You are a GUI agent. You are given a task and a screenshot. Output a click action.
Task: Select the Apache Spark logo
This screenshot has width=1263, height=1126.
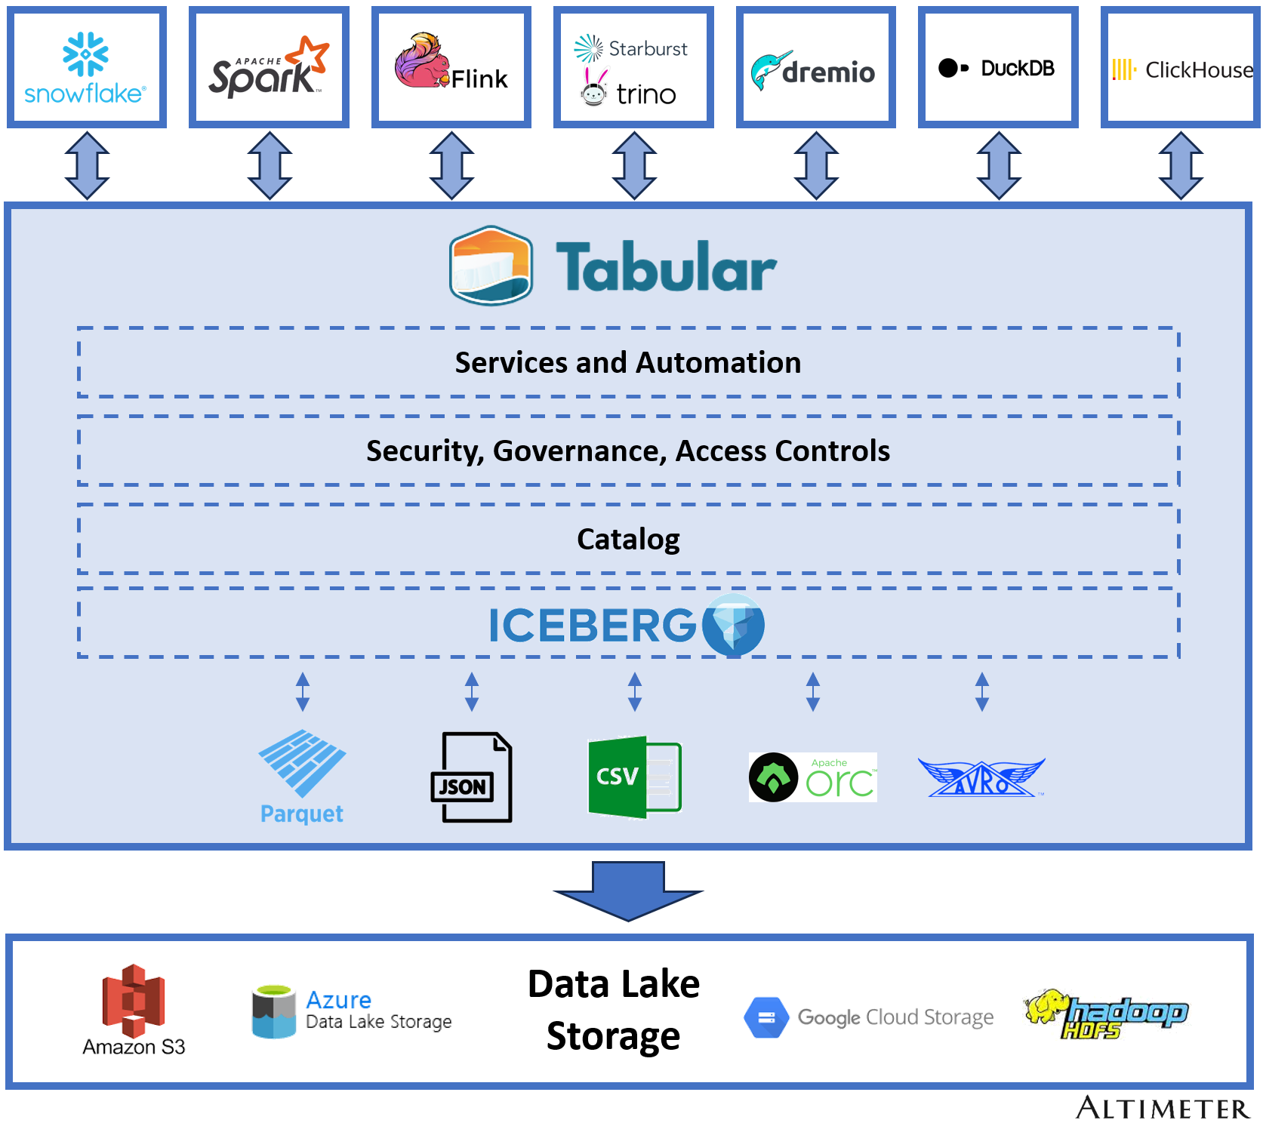(269, 68)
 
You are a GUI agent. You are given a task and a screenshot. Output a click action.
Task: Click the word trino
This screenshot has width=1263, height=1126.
(645, 94)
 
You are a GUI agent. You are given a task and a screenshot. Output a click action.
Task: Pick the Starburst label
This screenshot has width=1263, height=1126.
(647, 48)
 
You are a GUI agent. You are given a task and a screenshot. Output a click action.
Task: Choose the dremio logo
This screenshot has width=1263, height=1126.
(814, 70)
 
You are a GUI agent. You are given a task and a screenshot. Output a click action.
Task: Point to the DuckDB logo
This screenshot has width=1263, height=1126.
(997, 68)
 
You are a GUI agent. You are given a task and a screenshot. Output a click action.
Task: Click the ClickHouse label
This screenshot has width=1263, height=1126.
(1198, 70)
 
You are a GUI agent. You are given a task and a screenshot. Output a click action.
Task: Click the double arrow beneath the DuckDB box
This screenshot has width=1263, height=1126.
(998, 165)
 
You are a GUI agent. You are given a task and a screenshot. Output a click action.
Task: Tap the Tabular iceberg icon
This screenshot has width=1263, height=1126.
(491, 266)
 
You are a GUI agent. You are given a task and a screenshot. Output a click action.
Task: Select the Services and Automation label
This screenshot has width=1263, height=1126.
(627, 363)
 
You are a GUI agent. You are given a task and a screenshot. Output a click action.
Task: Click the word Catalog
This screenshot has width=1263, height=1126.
(627, 539)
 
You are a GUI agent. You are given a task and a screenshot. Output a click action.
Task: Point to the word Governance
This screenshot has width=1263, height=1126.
(579, 451)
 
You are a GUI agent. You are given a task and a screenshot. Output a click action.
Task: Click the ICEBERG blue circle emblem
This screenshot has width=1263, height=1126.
(733, 624)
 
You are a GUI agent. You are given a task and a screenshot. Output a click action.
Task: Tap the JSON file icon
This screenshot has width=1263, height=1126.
(471, 777)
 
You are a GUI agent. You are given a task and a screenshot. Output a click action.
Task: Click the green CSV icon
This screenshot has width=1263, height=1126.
(633, 777)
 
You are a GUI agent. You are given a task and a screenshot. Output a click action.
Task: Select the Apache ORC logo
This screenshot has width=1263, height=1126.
(812, 777)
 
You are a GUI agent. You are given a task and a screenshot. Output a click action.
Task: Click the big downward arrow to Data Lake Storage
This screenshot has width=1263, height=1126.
(628, 891)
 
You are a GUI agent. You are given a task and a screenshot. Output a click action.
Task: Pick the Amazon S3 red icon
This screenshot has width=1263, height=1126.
(134, 1001)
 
